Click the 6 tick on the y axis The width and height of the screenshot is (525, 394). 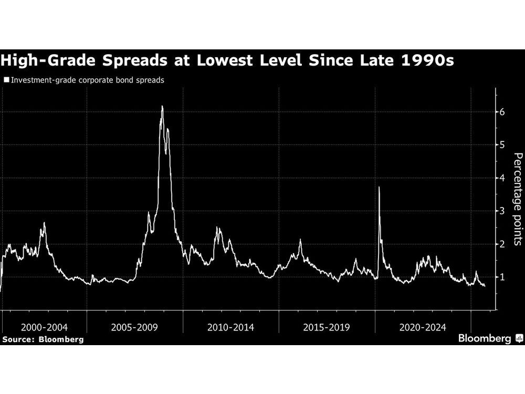click(502, 112)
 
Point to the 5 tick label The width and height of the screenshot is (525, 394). click(502, 145)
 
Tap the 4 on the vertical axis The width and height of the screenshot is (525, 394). click(502, 178)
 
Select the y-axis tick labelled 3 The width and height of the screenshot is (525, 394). click(502, 211)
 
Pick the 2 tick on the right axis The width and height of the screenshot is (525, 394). click(502, 244)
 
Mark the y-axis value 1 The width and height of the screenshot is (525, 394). click(502, 277)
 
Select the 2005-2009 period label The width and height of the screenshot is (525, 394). click(134, 327)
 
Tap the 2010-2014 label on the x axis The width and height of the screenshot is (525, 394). click(230, 327)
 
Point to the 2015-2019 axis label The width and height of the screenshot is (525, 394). click(327, 327)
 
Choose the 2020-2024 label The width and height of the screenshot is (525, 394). click(423, 327)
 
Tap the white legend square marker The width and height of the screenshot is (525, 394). click(6, 80)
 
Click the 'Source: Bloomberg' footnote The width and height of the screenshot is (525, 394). click(43, 339)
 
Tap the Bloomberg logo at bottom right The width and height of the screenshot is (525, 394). click(489, 339)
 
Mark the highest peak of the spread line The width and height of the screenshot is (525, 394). click(162, 107)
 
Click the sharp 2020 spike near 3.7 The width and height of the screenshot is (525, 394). click(379, 188)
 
